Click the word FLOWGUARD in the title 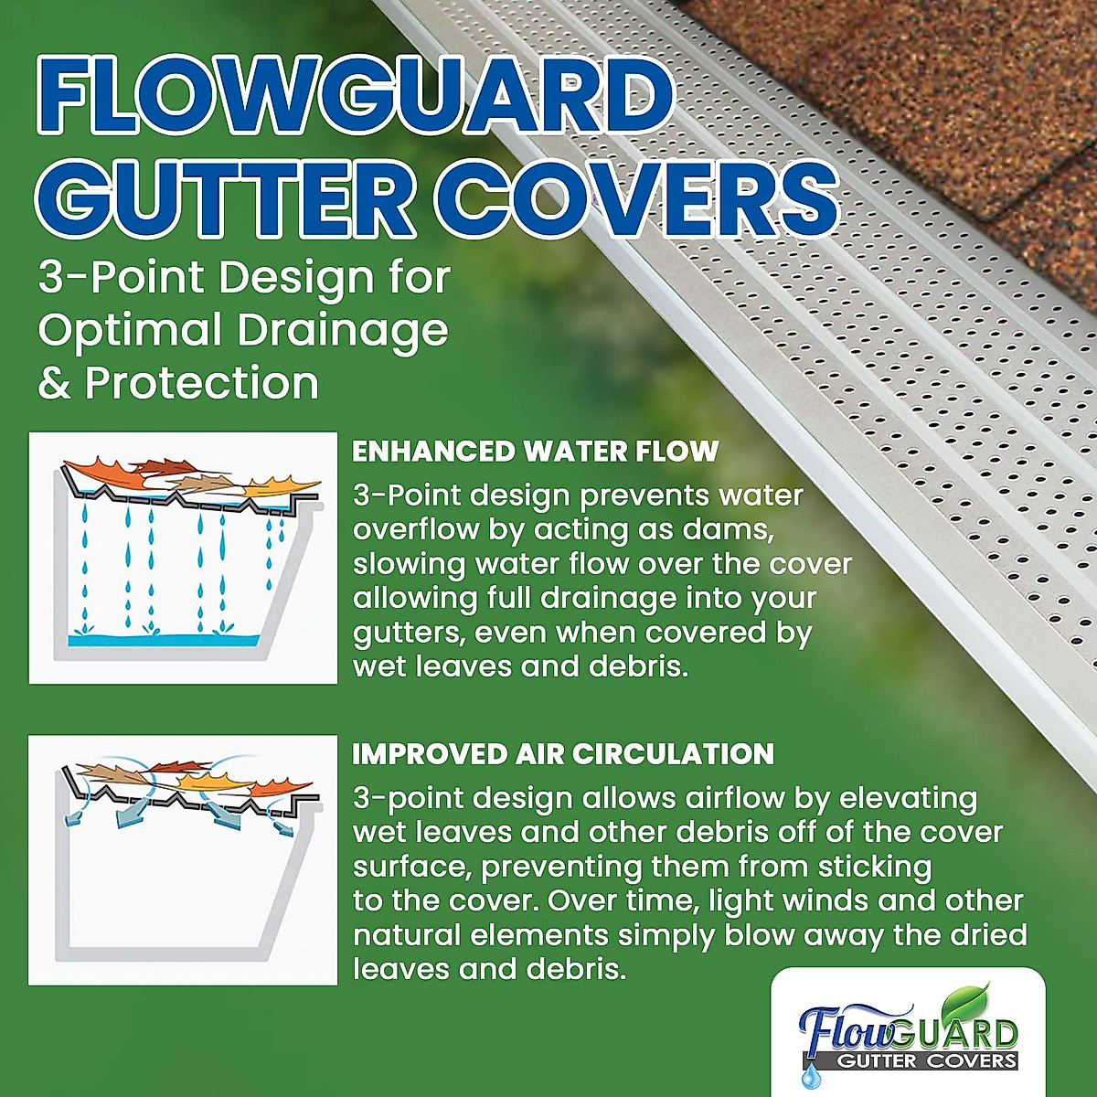pos(357,93)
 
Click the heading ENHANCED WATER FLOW pos(536,452)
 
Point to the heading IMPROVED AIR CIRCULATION pos(563,754)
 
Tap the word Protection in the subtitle pos(202,383)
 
